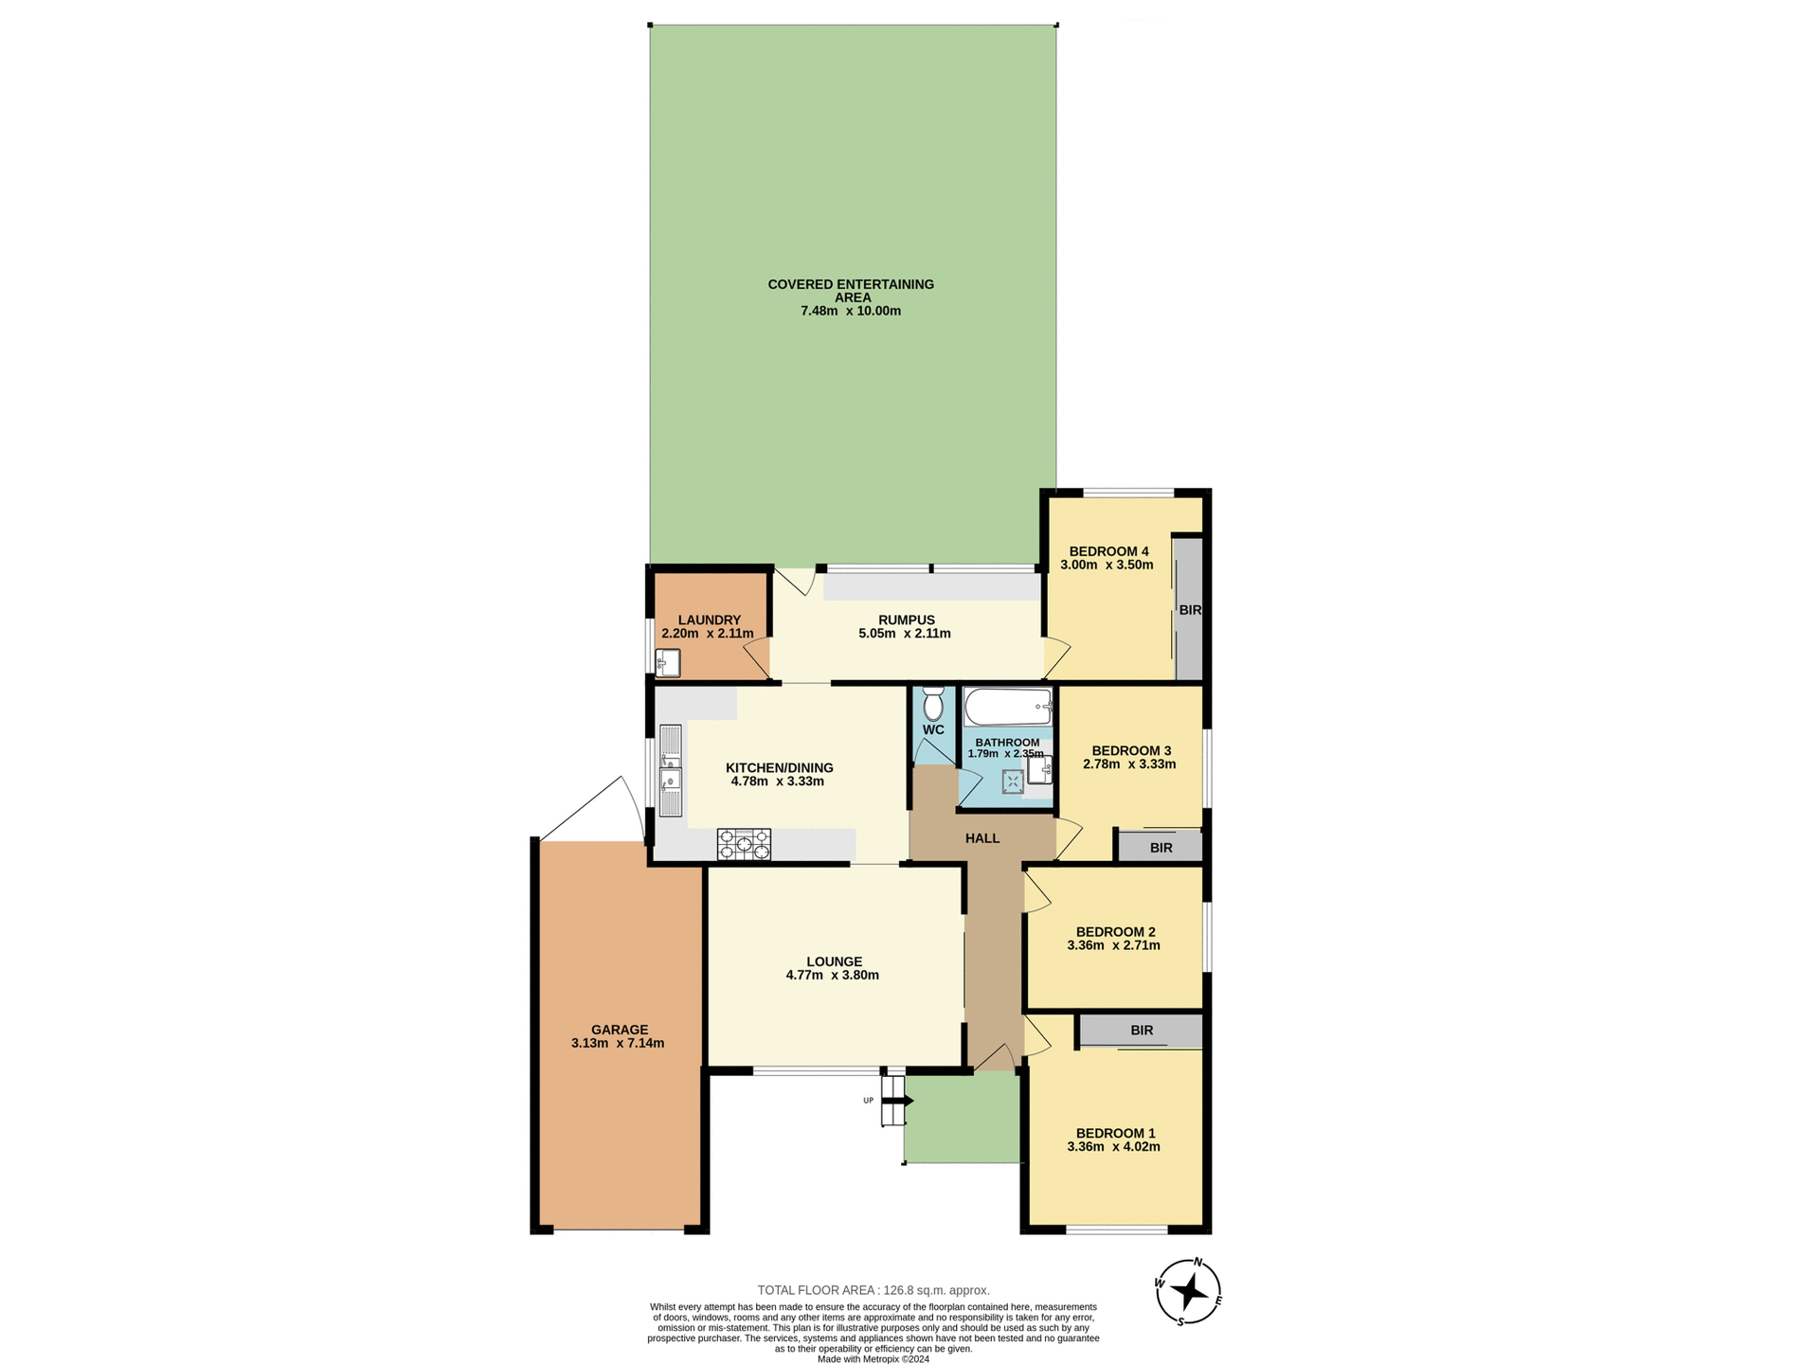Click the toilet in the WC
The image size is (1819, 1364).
coord(933,704)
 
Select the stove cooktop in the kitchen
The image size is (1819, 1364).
coord(744,844)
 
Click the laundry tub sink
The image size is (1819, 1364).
coord(668,663)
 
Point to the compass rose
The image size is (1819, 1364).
coord(1189,1292)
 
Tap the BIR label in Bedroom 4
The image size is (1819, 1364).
coord(1189,610)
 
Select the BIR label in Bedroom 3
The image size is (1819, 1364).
coord(1161,848)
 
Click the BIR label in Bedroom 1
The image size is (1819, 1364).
coord(1142,1031)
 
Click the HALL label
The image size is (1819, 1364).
coord(982,838)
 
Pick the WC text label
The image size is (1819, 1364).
coord(933,730)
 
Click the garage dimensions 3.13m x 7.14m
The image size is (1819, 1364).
coord(618,1044)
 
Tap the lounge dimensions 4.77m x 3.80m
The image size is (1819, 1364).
coord(833,975)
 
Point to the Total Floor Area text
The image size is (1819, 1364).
coord(873,1290)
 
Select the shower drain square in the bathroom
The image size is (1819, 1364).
coord(1013,781)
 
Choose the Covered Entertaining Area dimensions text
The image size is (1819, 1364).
coord(851,311)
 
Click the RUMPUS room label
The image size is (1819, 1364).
coord(906,620)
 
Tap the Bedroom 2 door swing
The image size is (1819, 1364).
coord(1036,893)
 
